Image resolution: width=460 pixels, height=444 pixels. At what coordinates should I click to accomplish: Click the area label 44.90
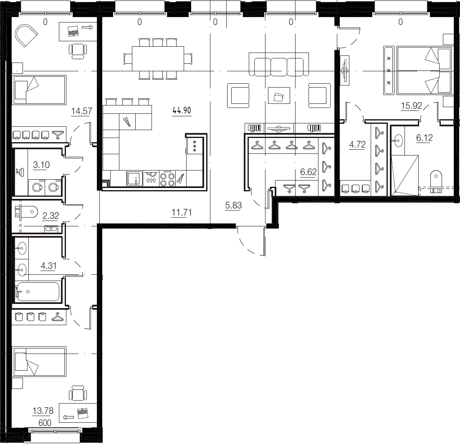182,110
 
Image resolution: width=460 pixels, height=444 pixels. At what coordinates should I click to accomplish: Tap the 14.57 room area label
81,111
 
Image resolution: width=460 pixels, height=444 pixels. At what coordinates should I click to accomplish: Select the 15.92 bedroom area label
411,105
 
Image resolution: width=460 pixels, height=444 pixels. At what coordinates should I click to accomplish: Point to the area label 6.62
308,172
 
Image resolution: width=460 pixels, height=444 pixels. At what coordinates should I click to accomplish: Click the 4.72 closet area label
357,145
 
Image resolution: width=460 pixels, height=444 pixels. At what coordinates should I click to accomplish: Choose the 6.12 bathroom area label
424,138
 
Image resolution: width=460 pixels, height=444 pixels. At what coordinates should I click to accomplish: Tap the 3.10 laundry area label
41,165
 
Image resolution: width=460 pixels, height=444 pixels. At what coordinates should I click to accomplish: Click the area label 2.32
51,216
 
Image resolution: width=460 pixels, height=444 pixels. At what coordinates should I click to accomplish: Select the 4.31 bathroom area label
48,266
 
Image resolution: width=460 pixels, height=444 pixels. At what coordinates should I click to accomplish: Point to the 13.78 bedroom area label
43,411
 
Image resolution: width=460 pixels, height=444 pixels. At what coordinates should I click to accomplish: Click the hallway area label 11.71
182,212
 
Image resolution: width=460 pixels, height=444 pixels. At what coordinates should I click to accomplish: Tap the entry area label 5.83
233,206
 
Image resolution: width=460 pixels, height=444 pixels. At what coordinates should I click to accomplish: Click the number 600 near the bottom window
45,423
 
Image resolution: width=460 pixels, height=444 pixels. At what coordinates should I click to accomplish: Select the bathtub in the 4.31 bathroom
38,291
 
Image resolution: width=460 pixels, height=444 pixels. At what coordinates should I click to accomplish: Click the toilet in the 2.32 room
26,212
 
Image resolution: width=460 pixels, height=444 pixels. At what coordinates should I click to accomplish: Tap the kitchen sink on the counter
135,178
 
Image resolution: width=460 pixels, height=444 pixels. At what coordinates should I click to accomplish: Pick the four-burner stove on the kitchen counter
167,179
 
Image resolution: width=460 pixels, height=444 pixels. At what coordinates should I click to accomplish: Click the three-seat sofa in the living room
279,65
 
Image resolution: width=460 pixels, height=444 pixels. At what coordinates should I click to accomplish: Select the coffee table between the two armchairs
279,95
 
